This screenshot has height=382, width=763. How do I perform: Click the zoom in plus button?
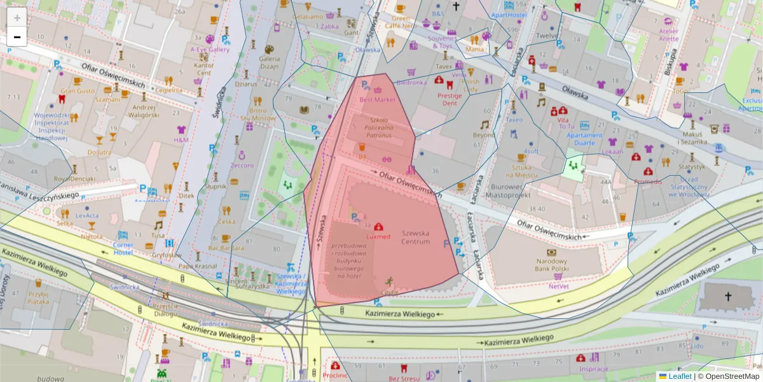pos(17,17)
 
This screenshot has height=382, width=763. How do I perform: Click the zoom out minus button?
pos(17,37)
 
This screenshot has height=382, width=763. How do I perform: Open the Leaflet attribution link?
pos(679,376)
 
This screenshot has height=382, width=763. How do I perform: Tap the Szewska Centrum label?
pos(415,237)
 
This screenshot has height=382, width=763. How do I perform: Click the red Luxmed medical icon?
pos(378,227)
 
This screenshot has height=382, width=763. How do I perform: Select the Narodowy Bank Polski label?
pos(551,265)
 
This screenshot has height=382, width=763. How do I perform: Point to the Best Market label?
pos(377,99)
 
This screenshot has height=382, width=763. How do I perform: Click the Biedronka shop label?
pos(411,82)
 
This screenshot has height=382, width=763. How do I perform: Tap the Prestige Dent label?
pos(450,99)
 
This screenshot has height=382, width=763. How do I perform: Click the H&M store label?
pos(181,139)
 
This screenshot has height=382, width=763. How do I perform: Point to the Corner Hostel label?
pos(123,248)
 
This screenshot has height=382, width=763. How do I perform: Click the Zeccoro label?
pos(242,165)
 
